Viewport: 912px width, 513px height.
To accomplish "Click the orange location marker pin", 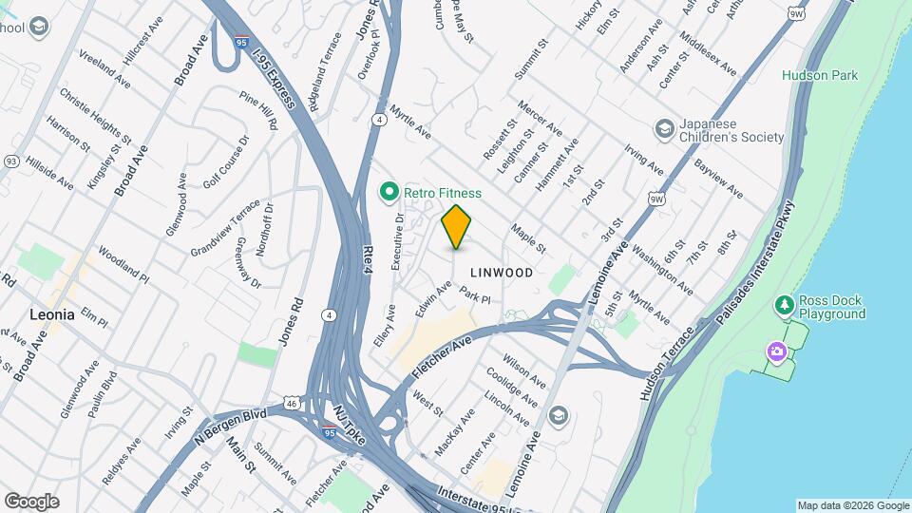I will [x=456, y=226].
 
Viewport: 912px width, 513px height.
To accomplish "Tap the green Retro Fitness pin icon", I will [x=389, y=193].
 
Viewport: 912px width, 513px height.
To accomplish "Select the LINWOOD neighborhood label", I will [x=501, y=273].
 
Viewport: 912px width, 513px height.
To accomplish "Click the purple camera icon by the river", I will [x=777, y=352].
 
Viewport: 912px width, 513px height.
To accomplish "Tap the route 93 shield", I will [x=10, y=161].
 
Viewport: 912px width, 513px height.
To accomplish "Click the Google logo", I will [x=31, y=501].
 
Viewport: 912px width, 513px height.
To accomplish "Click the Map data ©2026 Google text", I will [x=852, y=505].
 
